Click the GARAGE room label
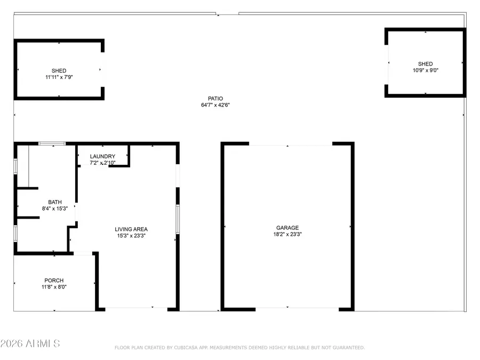[287, 228]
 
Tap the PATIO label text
[215, 99]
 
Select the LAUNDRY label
[102, 156]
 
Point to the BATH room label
[55, 202]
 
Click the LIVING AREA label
[131, 229]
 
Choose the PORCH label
[54, 281]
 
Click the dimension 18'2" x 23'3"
[287, 234]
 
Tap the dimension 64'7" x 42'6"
[215, 105]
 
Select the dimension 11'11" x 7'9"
[59, 77]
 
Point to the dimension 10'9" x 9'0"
[425, 70]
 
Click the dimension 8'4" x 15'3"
[55, 209]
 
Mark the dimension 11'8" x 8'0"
[54, 287]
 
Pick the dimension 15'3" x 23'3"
[131, 236]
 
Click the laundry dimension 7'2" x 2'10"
[102, 162]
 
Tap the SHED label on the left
[59, 71]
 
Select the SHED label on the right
[425, 64]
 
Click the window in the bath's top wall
[52, 143]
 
